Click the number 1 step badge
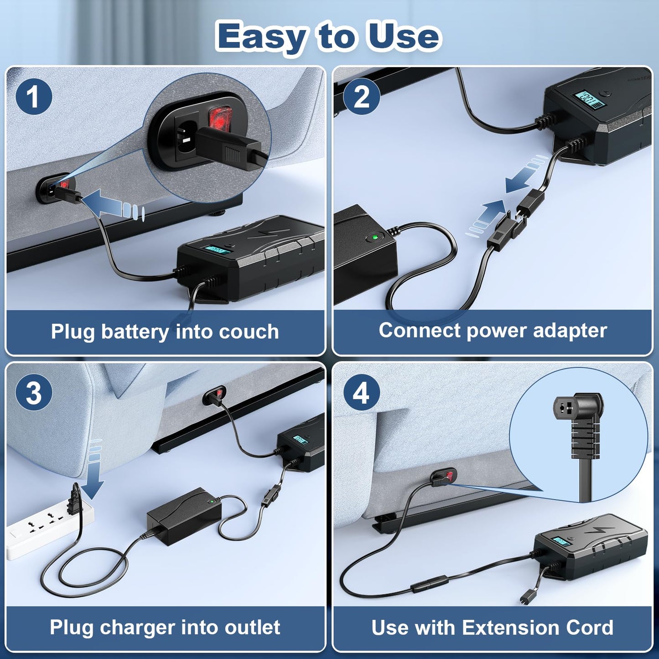click(33, 97)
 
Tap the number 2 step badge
click(361, 97)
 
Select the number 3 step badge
click(33, 393)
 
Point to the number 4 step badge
click(361, 393)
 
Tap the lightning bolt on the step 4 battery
click(597, 530)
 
